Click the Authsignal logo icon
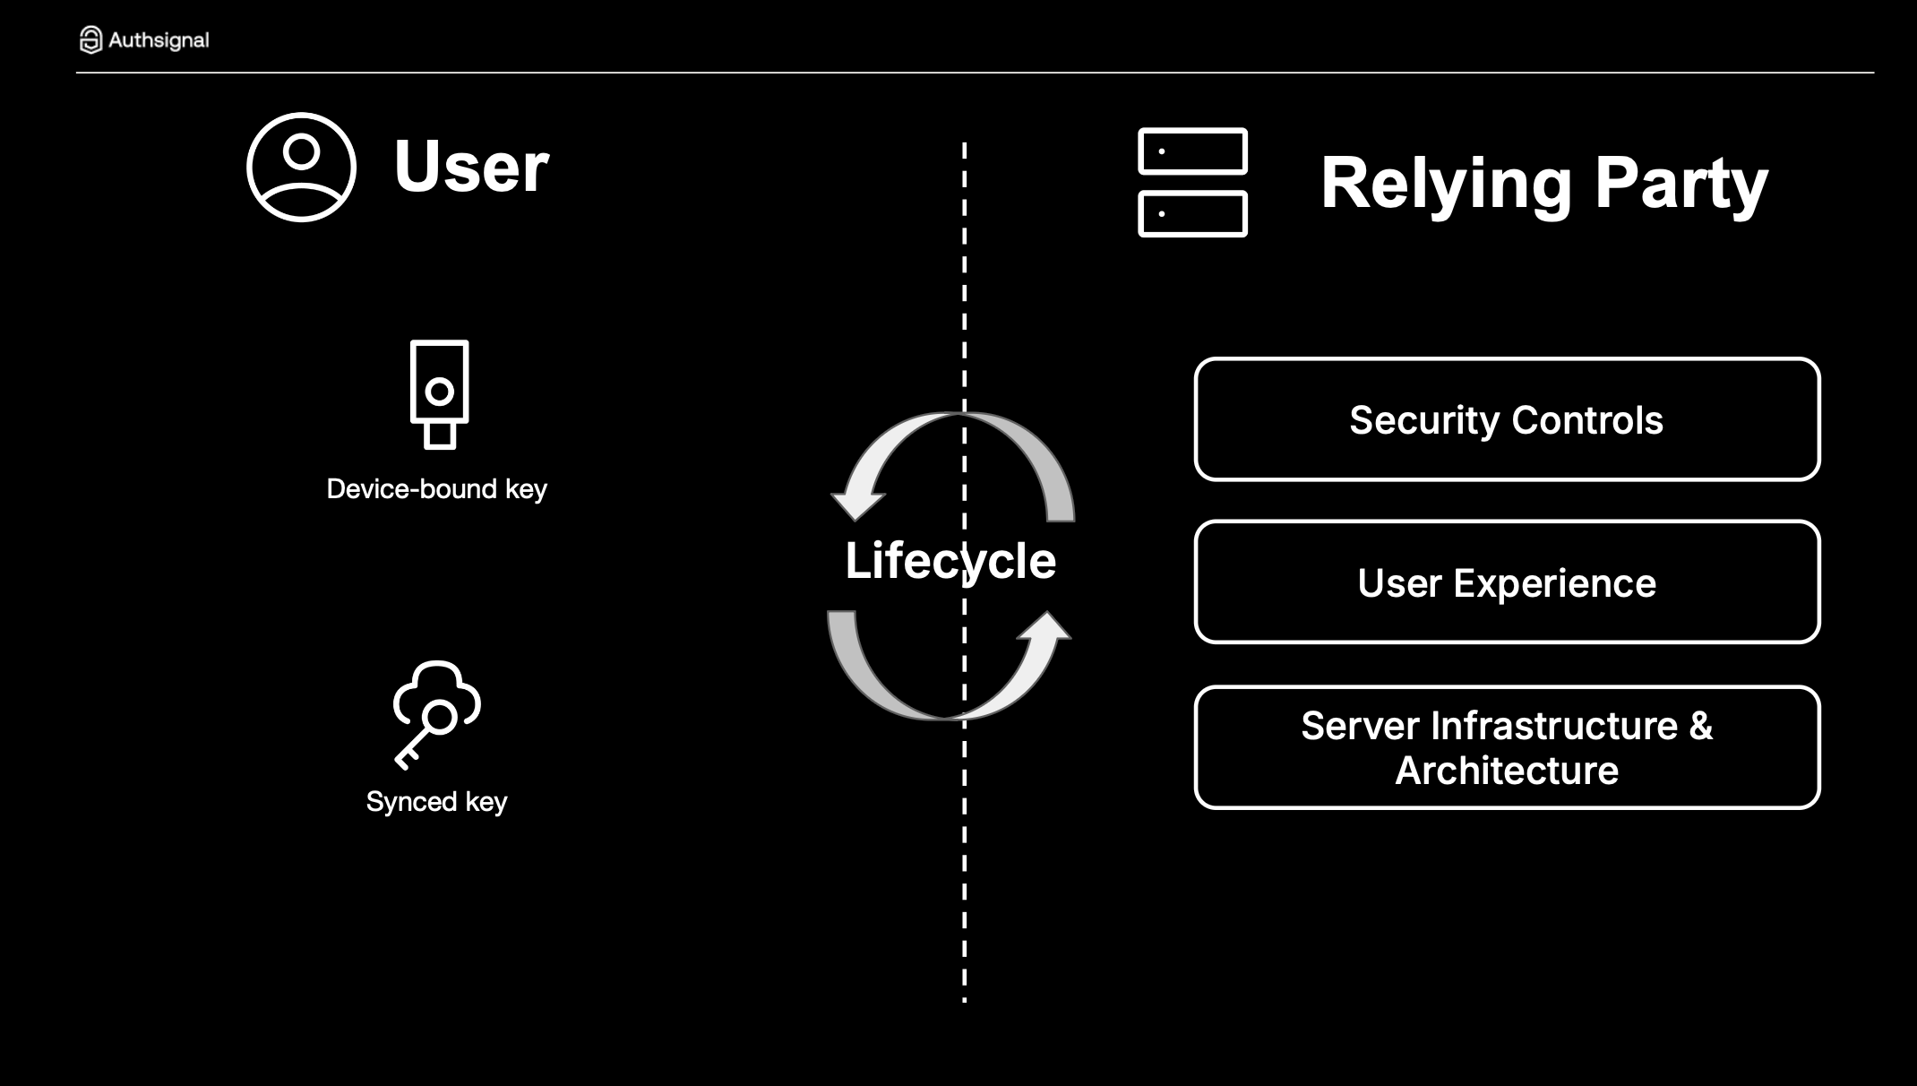coord(90,39)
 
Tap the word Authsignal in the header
coord(159,40)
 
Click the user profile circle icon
coord(301,167)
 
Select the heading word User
coord(471,167)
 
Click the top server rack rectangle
coord(1192,151)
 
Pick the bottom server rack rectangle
coord(1192,214)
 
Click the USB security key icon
coord(439,393)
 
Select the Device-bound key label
coord(436,489)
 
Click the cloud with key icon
coord(436,713)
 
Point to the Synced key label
coord(436,801)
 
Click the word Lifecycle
coord(950,561)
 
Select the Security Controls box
coord(1507,419)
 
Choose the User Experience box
coord(1507,582)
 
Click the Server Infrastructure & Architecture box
coord(1507,747)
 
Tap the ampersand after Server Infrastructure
coord(1700,726)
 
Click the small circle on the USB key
coord(439,391)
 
